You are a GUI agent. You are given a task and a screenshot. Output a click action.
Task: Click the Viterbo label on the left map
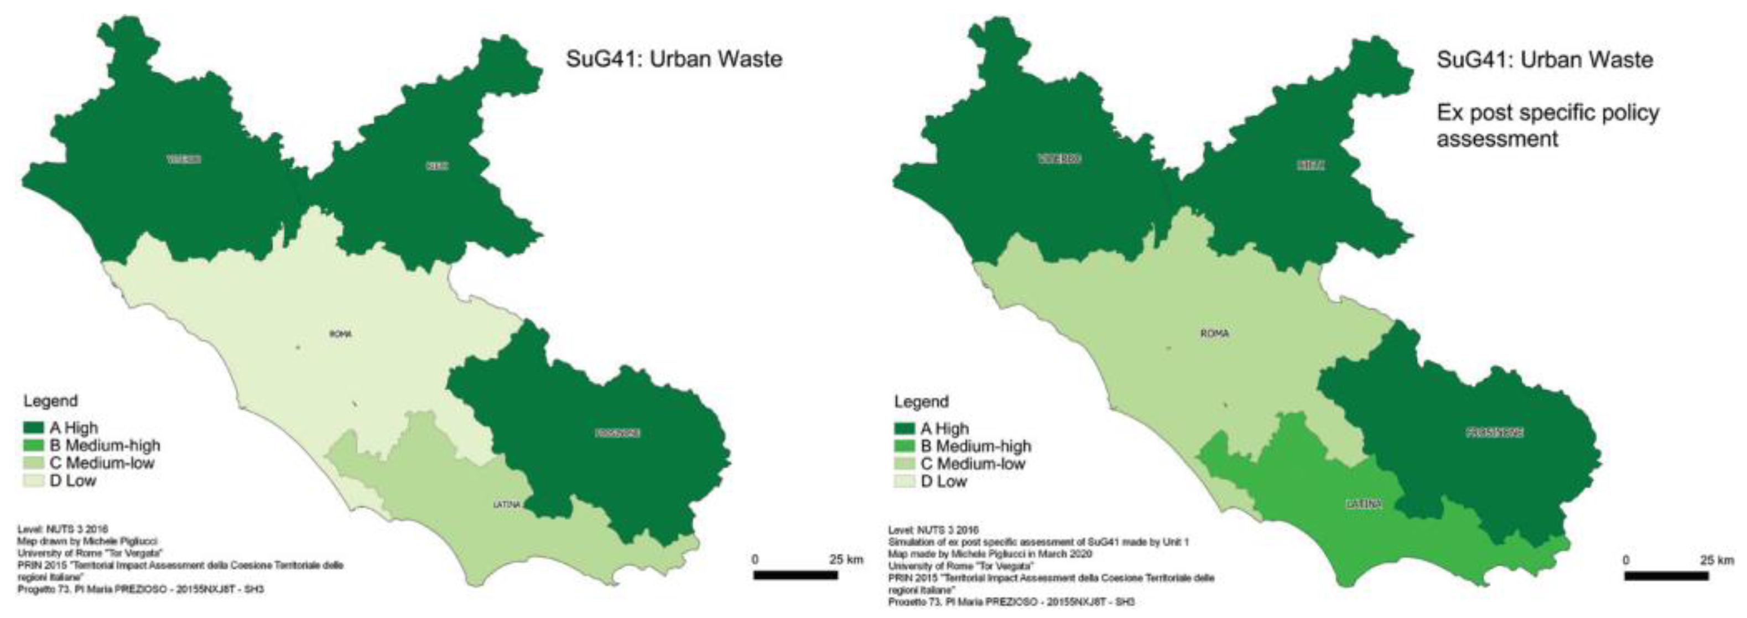pos(184,159)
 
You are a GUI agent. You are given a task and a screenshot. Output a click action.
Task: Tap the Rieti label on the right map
pos(1310,165)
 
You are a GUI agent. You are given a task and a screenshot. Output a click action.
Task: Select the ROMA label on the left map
pos(340,334)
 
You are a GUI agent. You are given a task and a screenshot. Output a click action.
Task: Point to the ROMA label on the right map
pos(1214,334)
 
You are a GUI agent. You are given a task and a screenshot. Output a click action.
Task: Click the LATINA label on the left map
pos(507,505)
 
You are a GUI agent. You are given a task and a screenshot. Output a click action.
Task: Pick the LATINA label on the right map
pos(1363,505)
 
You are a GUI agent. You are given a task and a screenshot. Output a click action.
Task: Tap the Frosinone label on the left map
pos(618,433)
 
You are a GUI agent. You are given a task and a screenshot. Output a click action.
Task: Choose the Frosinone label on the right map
pos(1494,432)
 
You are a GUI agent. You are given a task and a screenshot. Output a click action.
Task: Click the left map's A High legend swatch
pos(34,428)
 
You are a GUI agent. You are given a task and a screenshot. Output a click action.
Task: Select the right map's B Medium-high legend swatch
pos(904,446)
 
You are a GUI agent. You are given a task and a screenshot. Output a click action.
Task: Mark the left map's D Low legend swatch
pos(34,481)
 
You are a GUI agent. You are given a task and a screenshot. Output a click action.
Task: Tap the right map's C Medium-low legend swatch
pos(904,464)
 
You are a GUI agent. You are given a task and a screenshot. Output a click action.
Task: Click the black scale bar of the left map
pos(795,575)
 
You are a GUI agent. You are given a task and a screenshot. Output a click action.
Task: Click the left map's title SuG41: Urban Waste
pos(674,59)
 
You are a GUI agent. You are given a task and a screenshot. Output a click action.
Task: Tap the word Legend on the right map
pos(921,402)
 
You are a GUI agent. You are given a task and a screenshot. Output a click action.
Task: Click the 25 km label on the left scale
pos(846,560)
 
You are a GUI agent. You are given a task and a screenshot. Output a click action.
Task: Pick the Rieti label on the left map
pos(438,165)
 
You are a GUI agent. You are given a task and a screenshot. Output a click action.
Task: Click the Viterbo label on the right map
pos(1059,159)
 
